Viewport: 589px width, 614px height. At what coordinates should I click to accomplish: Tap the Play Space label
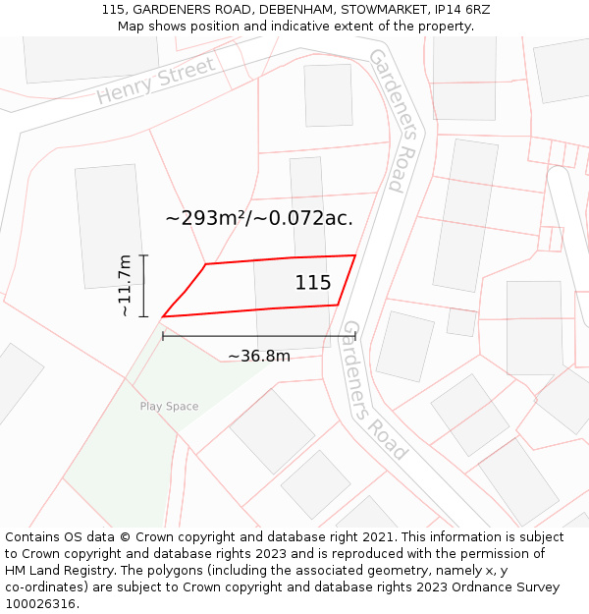click(169, 407)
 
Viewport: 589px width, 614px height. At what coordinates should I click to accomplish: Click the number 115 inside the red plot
click(313, 283)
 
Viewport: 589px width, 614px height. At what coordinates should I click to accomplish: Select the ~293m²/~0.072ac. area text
click(259, 218)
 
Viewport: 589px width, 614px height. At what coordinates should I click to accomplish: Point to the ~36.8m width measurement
click(259, 356)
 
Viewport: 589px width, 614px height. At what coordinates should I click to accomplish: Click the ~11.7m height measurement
click(126, 286)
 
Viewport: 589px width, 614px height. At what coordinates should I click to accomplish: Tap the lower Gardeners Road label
click(374, 390)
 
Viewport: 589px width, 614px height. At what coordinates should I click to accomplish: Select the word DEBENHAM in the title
click(297, 10)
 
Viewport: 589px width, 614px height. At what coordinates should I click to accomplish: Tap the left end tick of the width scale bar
click(163, 336)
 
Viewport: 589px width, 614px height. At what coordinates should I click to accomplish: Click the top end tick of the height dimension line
click(144, 255)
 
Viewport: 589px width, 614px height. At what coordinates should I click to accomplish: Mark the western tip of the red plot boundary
click(162, 316)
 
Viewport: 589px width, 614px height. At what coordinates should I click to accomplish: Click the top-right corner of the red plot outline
click(354, 255)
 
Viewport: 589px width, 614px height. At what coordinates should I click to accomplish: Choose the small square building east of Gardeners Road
click(461, 321)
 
